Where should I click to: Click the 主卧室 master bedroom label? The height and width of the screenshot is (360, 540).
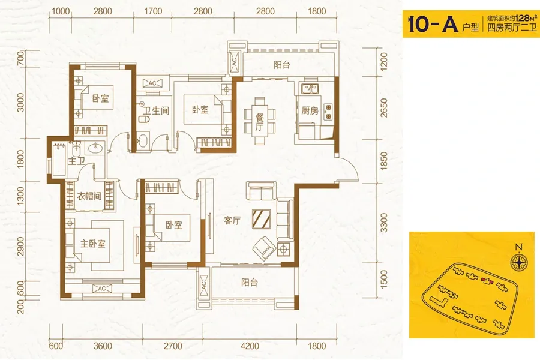pyautogui.click(x=92, y=244)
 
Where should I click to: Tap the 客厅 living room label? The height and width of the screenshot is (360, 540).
pyautogui.click(x=232, y=221)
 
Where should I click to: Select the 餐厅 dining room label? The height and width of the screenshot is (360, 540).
pyautogui.click(x=259, y=122)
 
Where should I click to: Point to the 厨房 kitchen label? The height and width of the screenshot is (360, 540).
pyautogui.click(x=310, y=110)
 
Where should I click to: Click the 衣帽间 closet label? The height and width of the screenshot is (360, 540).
pyautogui.click(x=89, y=196)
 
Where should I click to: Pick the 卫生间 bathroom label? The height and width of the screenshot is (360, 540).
pyautogui.click(x=157, y=111)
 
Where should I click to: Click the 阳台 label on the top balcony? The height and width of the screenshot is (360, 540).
pyautogui.click(x=282, y=65)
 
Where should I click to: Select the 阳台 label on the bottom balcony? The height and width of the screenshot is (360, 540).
pyautogui.click(x=250, y=283)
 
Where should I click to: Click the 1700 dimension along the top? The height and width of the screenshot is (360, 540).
pyautogui.click(x=153, y=11)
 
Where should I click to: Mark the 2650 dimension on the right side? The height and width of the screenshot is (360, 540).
pyautogui.click(x=383, y=108)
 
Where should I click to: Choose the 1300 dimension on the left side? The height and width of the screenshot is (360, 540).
pyautogui.click(x=20, y=196)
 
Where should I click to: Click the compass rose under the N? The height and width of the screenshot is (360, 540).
pyautogui.click(x=519, y=262)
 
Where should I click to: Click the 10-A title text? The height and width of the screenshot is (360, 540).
pyautogui.click(x=433, y=23)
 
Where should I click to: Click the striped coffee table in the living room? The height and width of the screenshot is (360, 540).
pyautogui.click(x=262, y=219)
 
